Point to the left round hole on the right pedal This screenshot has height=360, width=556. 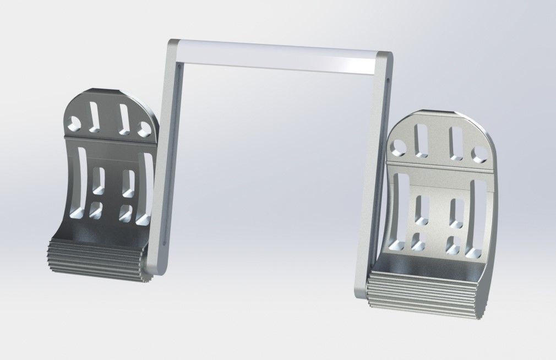click(x=398, y=146)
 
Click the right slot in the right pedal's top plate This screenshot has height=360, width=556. click(x=455, y=144)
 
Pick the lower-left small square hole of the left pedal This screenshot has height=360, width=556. click(x=95, y=210)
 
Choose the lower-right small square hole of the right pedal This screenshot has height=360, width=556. click(x=453, y=246)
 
